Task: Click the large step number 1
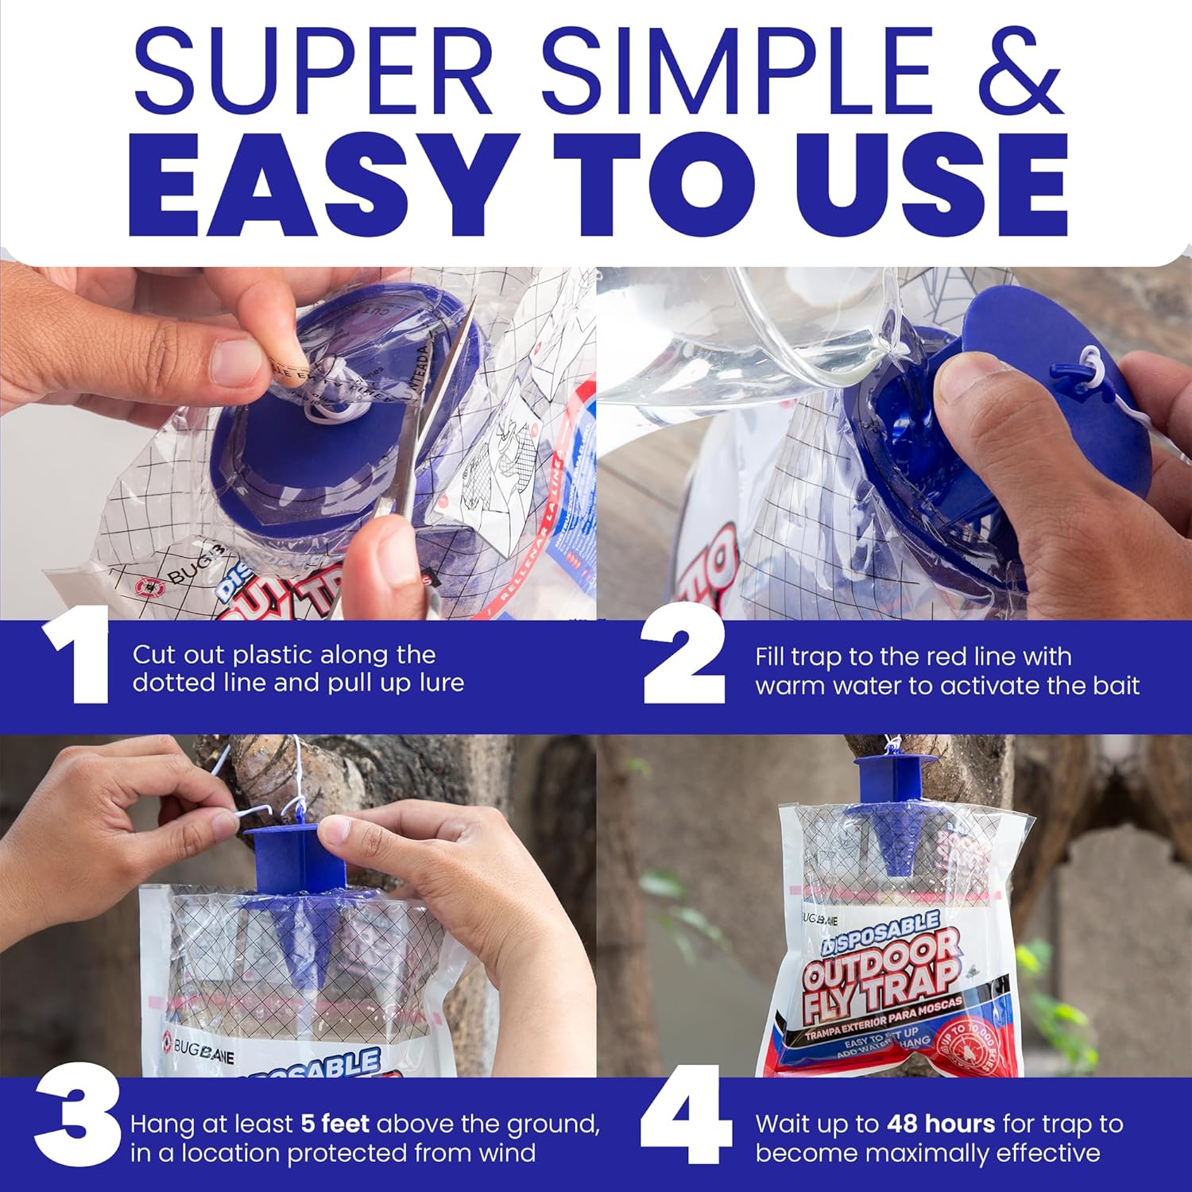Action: point(77,656)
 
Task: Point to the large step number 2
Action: point(683,656)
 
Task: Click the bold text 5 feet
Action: point(335,1124)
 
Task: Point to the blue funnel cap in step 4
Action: point(894,811)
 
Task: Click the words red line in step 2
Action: point(972,656)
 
